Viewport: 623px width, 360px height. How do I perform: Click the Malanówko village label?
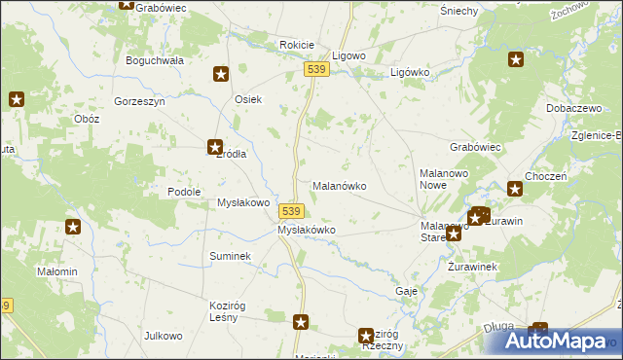pos(338,185)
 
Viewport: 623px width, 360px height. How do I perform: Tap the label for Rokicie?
pos(296,45)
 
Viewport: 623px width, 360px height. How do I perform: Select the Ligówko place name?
pos(410,72)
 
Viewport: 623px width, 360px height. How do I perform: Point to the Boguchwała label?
pos(155,59)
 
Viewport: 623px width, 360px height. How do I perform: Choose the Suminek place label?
pos(231,255)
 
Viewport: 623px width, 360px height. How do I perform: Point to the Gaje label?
pos(407,291)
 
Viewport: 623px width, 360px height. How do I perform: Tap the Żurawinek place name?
pos(473,266)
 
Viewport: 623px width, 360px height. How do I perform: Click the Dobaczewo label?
pos(573,108)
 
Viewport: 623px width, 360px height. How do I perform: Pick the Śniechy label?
pos(458,11)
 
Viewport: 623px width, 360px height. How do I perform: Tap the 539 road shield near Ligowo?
pos(314,70)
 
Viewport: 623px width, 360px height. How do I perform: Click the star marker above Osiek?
pos(221,73)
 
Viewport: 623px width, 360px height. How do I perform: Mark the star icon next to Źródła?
pos(214,148)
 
